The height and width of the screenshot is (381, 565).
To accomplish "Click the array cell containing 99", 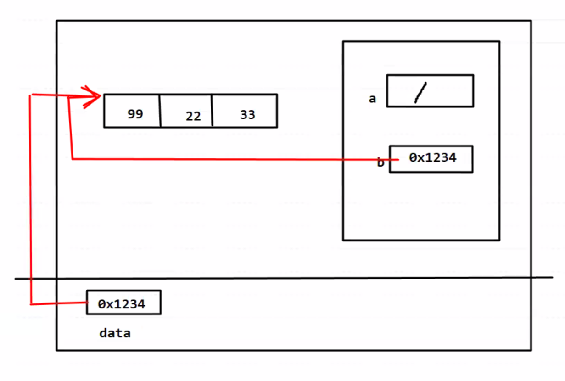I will pos(132,111).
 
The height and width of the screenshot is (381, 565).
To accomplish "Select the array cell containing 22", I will pos(186,111).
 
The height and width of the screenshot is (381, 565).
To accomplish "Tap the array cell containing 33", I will pos(245,111).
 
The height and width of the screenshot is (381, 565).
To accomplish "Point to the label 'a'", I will pos(372,98).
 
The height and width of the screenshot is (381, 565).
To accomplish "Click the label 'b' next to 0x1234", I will pos(380,162).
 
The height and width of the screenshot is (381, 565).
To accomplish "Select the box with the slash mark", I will pos(430,91).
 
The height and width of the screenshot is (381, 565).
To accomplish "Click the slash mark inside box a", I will pos(420,92).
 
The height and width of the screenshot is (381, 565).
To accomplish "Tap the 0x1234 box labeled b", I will pos(431,159).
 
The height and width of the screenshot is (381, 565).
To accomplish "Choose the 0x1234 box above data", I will pos(123,302).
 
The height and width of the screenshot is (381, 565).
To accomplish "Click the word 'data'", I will pos(115,333).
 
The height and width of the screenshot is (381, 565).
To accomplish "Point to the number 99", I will pos(135,114).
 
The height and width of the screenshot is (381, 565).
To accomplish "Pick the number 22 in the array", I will pos(193,116).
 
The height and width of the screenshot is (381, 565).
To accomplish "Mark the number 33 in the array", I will pos(247,114).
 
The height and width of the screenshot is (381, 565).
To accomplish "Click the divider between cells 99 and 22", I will pos(160,111).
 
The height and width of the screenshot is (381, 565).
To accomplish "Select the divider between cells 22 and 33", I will pos(212,111).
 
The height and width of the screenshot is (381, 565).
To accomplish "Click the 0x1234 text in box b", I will pos(433,157).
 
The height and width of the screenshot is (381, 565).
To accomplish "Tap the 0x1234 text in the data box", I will pos(122,303).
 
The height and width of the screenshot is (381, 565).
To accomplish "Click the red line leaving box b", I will pos(229,159).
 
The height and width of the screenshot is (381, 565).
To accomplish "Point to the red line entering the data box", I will pos(60,303).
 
